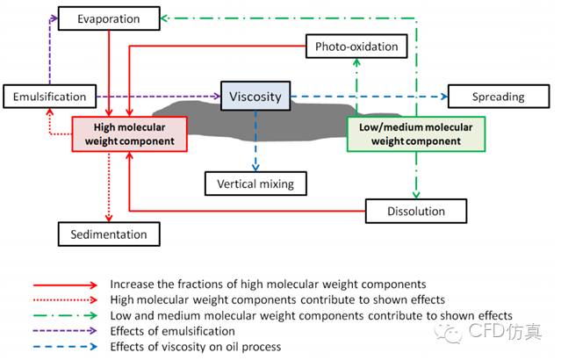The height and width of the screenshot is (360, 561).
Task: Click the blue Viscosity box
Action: [x=255, y=96]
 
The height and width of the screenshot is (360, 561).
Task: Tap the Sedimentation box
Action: [x=103, y=234]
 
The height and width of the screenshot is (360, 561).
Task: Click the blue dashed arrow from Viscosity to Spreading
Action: [x=369, y=97]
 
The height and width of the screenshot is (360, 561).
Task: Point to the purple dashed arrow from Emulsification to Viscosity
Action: [x=154, y=97]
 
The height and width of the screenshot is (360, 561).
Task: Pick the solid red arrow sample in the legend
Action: [x=66, y=284]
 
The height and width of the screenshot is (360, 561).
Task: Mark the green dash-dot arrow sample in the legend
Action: [x=66, y=315]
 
